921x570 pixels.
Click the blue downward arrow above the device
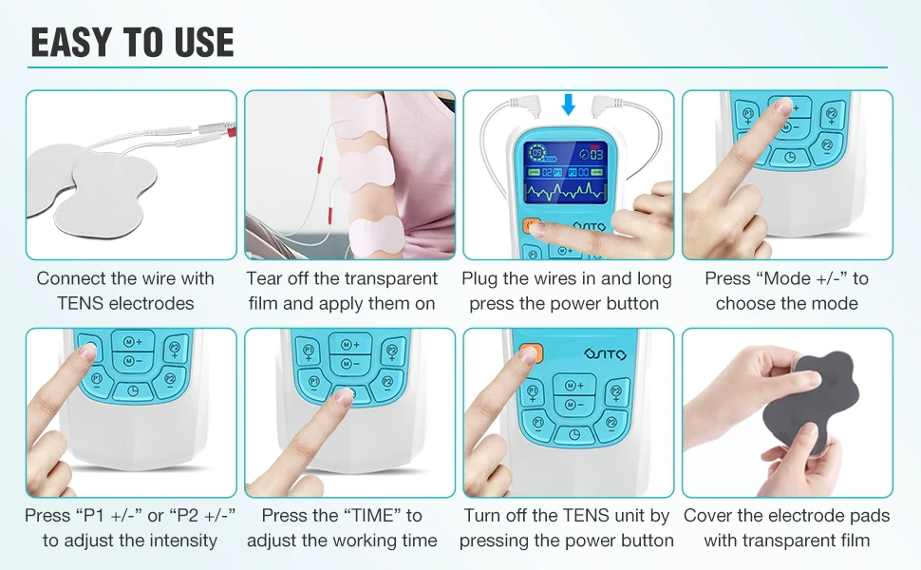click(568, 104)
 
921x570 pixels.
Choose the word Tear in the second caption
click(266, 278)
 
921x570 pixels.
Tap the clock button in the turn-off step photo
click(569, 434)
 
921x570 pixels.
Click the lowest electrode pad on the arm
click(378, 233)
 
